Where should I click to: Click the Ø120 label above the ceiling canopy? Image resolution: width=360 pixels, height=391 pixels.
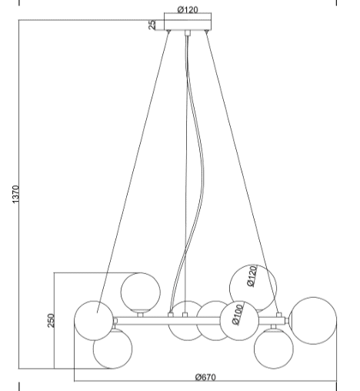point(188,10)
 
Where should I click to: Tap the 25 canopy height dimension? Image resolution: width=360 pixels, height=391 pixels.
point(152,25)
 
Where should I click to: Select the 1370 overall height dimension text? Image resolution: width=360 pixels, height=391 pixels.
point(15,195)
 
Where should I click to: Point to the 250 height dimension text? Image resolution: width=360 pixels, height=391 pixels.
point(51,320)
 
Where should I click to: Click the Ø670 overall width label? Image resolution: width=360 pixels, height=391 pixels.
point(205,377)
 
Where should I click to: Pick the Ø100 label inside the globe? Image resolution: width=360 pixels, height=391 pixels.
point(238,315)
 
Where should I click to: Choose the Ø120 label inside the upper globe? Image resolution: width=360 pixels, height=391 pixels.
point(252,276)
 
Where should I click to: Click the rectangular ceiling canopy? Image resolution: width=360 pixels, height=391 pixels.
point(188,25)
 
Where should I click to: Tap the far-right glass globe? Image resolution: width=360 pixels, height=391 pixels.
point(313,321)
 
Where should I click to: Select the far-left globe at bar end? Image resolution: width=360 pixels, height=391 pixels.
point(94,321)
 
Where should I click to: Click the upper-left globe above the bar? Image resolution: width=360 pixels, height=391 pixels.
point(141,292)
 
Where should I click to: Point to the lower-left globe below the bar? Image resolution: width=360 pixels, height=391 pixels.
point(112,349)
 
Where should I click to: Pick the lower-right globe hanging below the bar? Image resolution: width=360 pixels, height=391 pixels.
point(274,349)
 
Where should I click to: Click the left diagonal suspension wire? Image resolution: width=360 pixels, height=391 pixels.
point(133,172)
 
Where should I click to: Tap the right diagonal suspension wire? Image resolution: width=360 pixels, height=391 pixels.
point(242,172)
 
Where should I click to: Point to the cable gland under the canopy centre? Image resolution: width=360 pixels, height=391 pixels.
point(188,33)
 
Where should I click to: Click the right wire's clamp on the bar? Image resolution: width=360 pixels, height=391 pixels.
point(278,315)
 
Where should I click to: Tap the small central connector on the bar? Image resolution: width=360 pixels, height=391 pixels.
point(185,315)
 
